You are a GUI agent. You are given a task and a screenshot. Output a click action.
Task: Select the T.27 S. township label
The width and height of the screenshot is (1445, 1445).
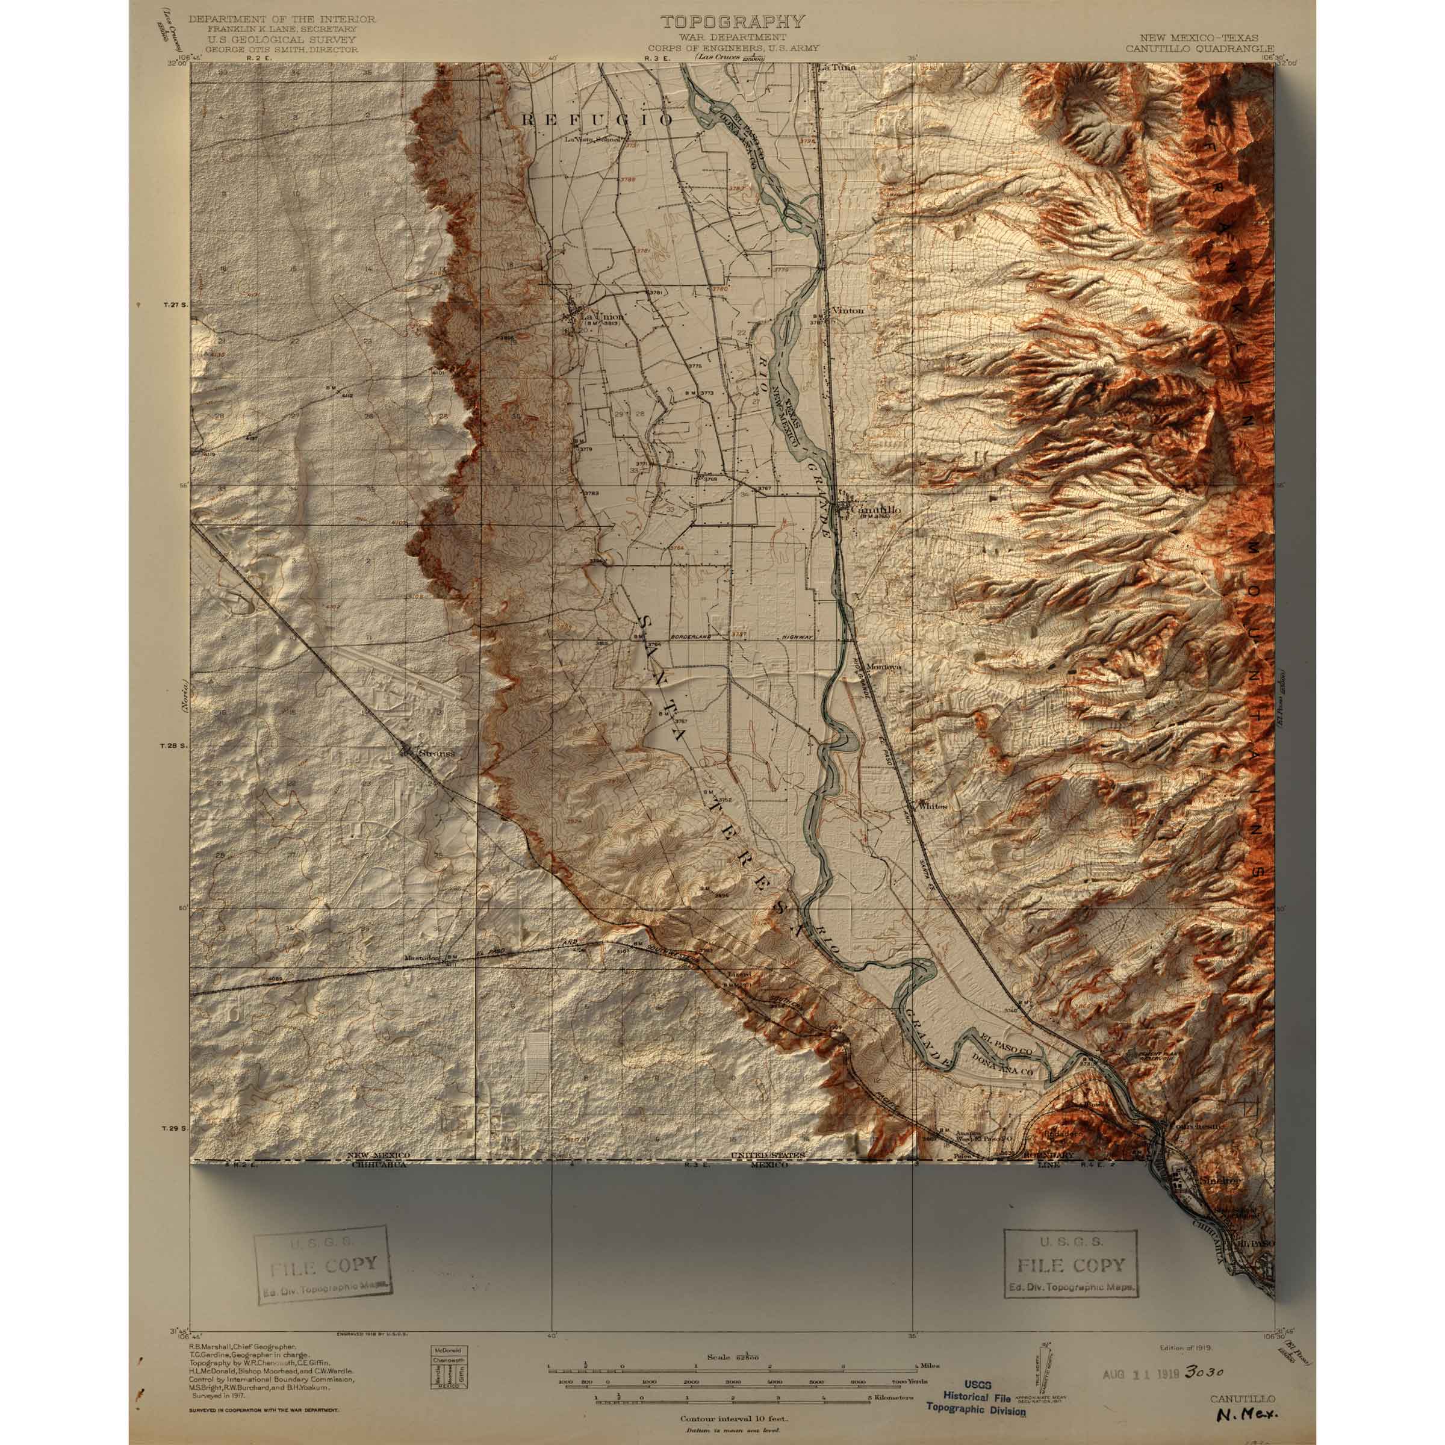173,306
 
